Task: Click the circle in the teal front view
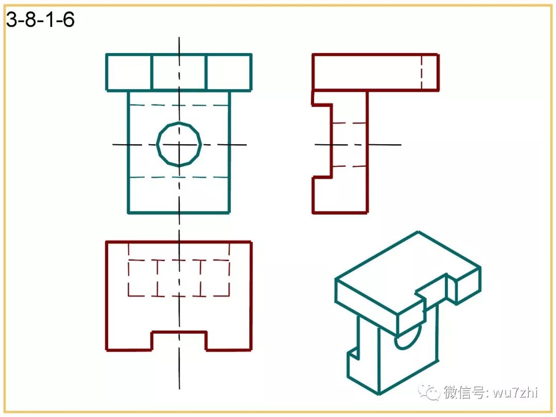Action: pyautogui.click(x=179, y=144)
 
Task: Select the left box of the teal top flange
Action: pyautogui.click(x=129, y=72)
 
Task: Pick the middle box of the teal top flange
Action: pyautogui.click(x=179, y=72)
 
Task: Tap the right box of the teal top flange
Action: pyautogui.click(x=229, y=72)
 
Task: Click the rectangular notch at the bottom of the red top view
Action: pyautogui.click(x=179, y=340)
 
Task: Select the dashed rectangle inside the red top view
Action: pyautogui.click(x=179, y=278)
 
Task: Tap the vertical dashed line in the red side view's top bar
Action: pyautogui.click(x=421, y=72)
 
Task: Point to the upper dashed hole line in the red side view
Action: pyautogui.click(x=350, y=123)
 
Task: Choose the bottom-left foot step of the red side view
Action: pyautogui.click(x=322, y=195)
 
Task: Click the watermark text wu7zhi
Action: pyautogui.click(x=515, y=393)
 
